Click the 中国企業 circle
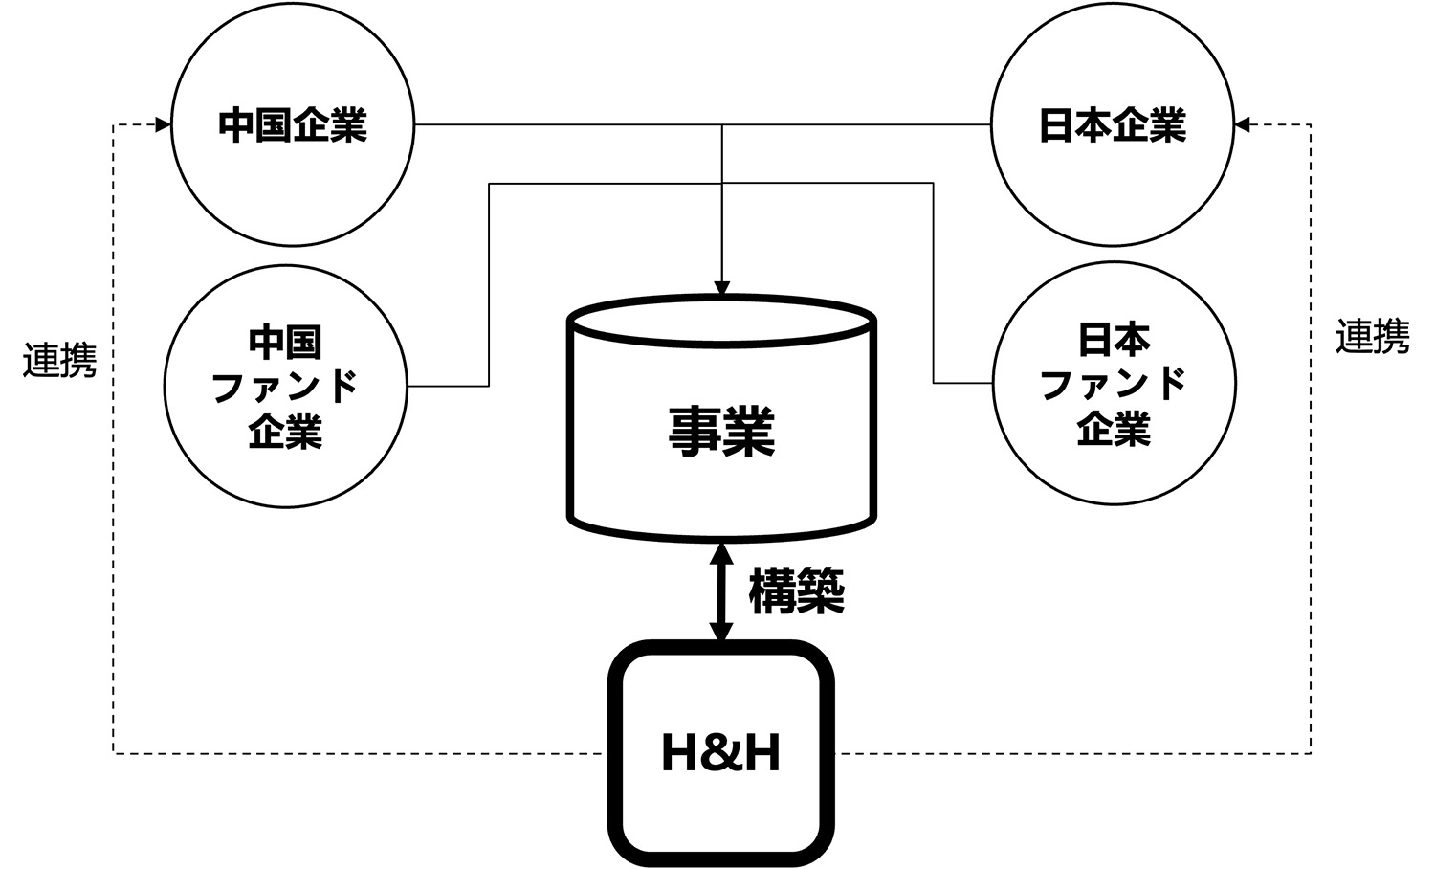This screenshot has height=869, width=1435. (293, 124)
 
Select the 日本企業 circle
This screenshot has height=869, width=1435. (1113, 124)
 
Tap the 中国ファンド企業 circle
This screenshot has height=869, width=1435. (285, 386)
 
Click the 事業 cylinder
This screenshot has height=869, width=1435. (722, 431)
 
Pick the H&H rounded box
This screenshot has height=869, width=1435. (721, 753)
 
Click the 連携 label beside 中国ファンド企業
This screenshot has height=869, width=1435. (59, 361)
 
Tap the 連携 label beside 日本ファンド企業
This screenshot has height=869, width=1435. (1372, 336)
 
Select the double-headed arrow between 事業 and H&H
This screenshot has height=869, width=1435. (722, 591)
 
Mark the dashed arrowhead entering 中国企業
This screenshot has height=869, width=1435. (164, 124)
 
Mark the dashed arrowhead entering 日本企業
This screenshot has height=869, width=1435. (1242, 124)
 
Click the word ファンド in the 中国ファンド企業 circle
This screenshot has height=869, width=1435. (285, 387)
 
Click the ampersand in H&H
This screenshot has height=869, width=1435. (721, 753)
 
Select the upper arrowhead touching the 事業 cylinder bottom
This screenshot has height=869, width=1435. (722, 552)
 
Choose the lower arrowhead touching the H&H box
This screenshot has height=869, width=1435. (722, 631)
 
